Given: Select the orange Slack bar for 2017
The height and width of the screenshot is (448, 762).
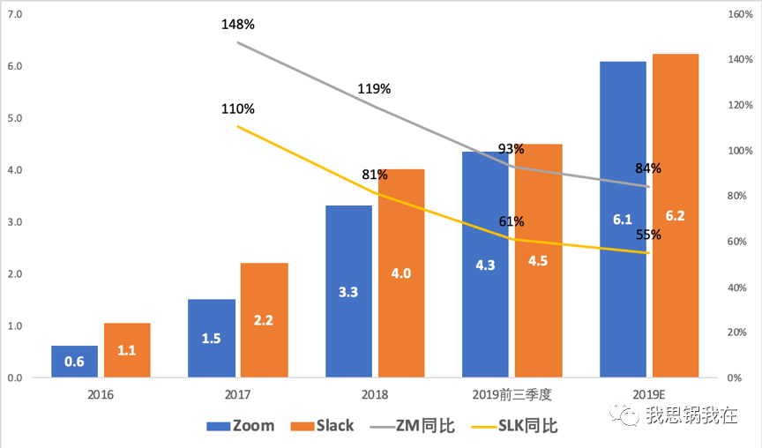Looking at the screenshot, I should coord(264,320).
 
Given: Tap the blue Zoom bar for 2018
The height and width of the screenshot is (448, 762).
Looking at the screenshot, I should coord(348,291).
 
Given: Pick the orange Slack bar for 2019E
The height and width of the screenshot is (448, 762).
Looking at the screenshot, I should coord(676,216).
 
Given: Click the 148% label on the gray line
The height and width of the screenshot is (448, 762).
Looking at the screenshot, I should coord(238,24).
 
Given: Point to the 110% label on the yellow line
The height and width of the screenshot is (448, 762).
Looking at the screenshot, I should coord(238,109).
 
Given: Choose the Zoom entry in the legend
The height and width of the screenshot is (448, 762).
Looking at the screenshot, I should coord(241,426).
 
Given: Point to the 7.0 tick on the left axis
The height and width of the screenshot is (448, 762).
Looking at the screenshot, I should coord(14,15).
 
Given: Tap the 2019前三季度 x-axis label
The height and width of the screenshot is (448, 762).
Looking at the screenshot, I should coord(512,394).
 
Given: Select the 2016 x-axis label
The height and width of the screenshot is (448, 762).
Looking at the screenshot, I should coord(101,394).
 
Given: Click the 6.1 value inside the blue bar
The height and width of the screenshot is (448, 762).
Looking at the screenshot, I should coord(623,216).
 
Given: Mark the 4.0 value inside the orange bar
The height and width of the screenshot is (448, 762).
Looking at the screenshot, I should coord(401,273).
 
